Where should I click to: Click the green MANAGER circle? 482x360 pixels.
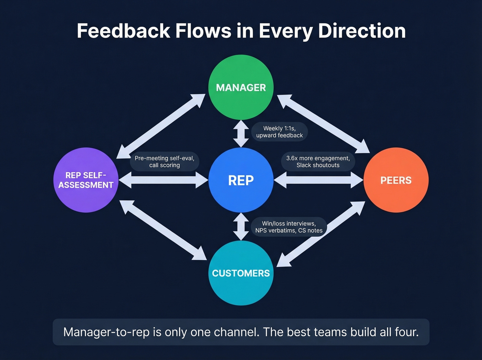click(x=241, y=87)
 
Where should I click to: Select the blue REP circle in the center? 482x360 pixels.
click(x=241, y=180)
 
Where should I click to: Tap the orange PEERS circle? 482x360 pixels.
click(x=396, y=180)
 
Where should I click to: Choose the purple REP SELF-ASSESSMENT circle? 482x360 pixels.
click(x=86, y=180)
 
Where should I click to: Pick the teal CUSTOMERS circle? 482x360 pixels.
click(x=241, y=273)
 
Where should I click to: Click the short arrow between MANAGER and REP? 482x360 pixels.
click(x=241, y=134)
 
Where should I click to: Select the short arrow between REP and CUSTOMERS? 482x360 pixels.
click(x=241, y=226)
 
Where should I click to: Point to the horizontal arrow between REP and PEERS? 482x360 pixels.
click(x=318, y=180)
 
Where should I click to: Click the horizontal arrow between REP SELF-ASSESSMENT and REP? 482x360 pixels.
click(x=164, y=180)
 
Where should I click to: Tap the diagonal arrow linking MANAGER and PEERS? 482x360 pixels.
click(x=323, y=124)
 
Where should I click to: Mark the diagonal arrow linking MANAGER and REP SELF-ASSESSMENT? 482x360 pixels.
click(x=161, y=126)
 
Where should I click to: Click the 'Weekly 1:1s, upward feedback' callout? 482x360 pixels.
click(x=280, y=132)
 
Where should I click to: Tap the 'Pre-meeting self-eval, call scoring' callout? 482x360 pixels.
click(x=165, y=162)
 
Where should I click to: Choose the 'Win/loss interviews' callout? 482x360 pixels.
click(x=289, y=227)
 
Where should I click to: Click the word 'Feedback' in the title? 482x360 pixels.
click(x=124, y=31)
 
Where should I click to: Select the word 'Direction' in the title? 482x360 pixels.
click(x=362, y=31)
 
